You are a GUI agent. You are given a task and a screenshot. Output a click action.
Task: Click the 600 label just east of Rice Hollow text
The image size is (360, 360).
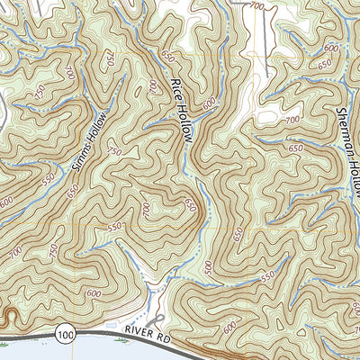pos(210,105)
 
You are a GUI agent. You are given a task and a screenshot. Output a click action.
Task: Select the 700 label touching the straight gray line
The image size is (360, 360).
pos(257,7)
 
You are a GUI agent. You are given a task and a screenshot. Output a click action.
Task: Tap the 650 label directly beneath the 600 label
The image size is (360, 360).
pos(324,65)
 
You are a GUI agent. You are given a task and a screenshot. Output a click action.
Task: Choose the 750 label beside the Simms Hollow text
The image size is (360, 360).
pos(114,152)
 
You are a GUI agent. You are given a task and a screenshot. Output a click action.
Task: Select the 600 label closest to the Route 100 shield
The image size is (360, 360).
pos(94,294)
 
